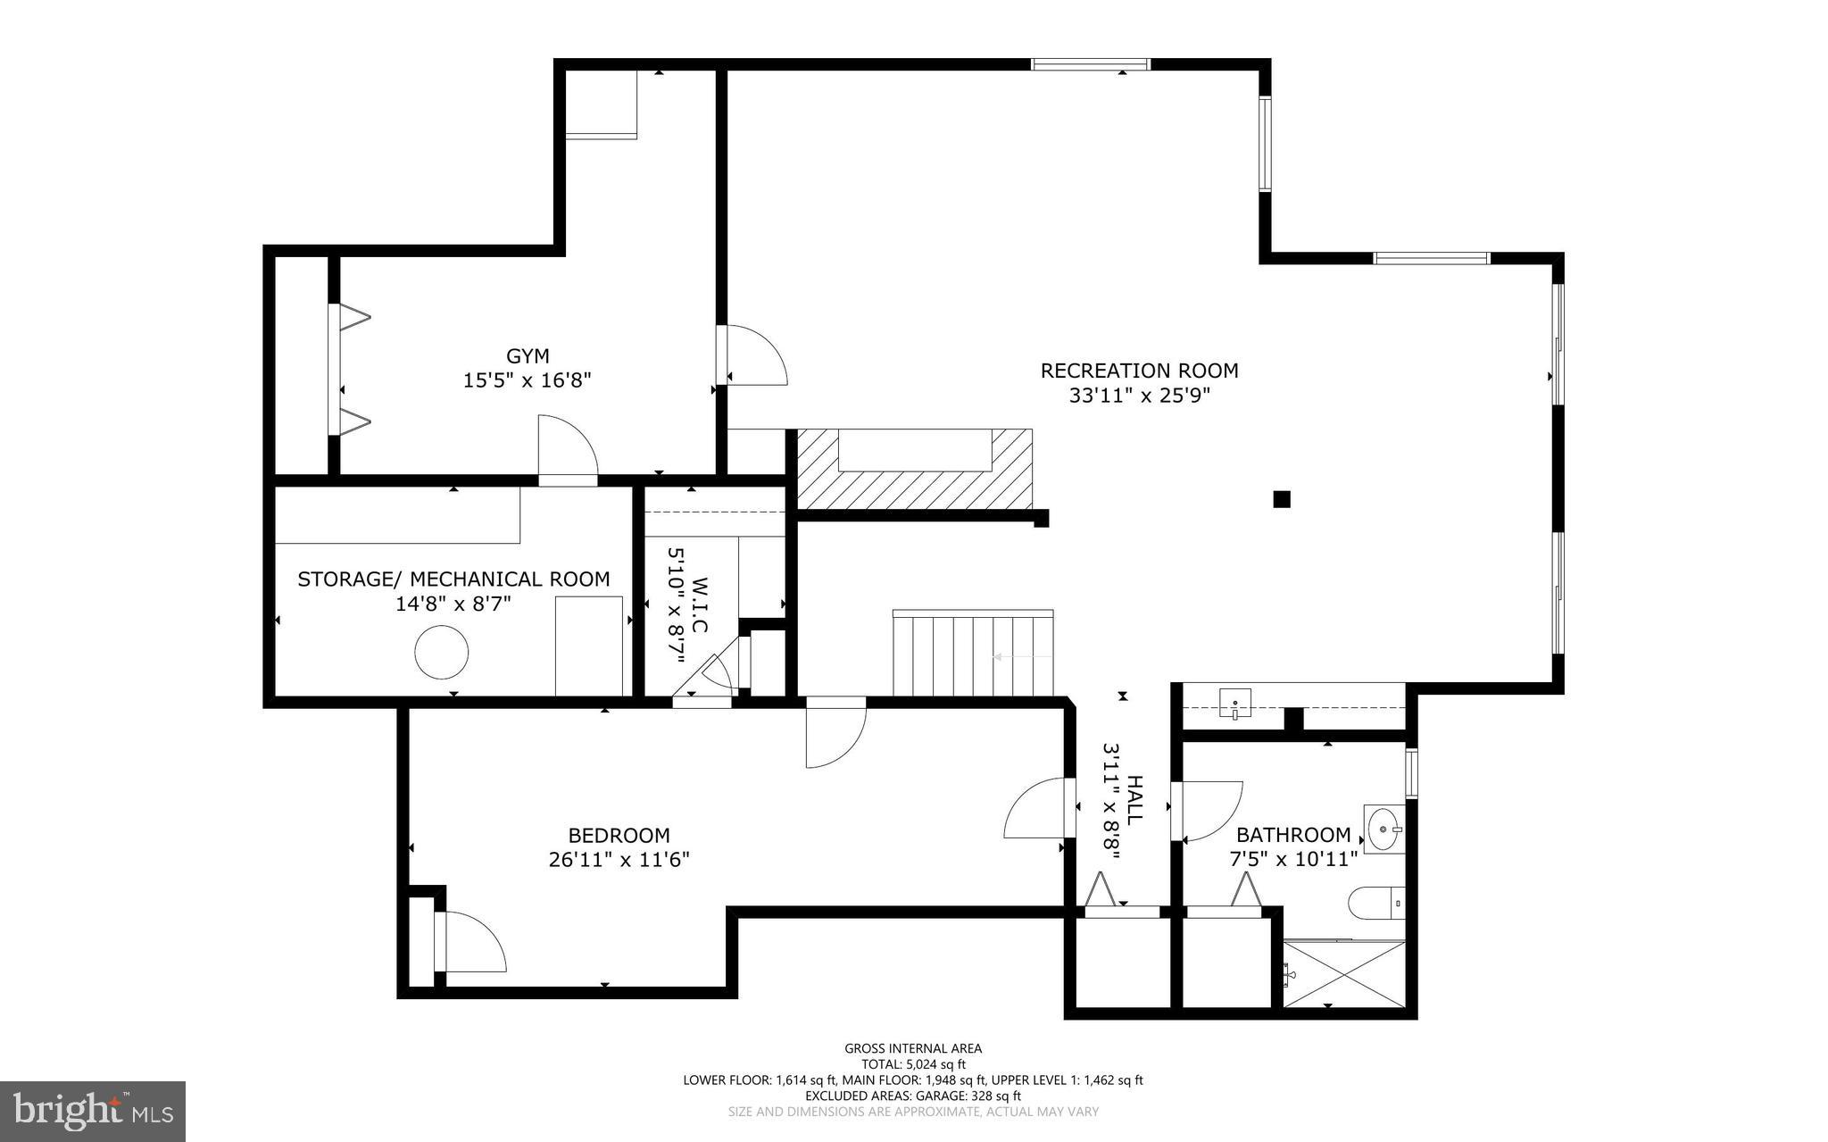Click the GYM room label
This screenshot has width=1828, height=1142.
[x=528, y=356]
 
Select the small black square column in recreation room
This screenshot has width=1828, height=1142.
[x=1281, y=499]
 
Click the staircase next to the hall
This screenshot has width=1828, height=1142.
[x=973, y=654]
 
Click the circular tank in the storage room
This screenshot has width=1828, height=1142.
[x=442, y=653]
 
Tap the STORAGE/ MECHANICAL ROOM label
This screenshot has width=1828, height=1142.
[x=453, y=579]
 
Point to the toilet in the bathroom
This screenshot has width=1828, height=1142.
[x=1375, y=903]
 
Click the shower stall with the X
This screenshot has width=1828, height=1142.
[x=1344, y=974]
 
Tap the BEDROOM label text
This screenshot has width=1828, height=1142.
[x=619, y=836]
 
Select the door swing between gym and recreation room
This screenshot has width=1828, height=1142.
[x=755, y=356]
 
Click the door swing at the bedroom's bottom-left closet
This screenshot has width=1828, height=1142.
[x=473, y=943]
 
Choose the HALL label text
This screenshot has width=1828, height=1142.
[x=1134, y=800]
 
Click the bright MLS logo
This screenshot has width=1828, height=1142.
[x=92, y=1111]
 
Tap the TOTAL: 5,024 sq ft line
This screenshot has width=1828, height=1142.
[x=913, y=1064]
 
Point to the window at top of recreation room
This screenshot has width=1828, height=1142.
[x=1090, y=64]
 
